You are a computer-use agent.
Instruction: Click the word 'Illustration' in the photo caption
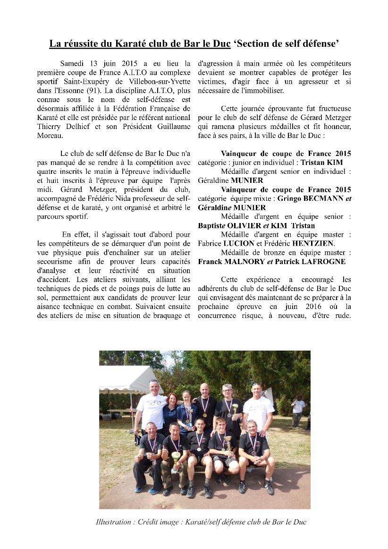tap(113, 522)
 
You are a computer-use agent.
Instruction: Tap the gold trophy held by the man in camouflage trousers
tap(175, 457)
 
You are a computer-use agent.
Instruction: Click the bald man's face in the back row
tap(204, 391)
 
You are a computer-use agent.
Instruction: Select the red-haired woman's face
tap(173, 400)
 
